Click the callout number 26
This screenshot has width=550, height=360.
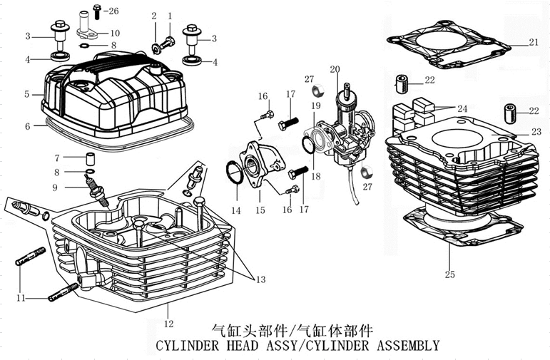(114, 11)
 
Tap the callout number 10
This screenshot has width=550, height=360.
(114, 33)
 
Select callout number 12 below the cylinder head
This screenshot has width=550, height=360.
(168, 312)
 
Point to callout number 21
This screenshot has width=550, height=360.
(534, 42)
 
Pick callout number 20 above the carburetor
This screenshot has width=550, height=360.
(334, 69)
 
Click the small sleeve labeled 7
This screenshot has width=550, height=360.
(91, 157)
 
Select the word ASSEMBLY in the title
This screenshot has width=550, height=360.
(403, 346)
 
